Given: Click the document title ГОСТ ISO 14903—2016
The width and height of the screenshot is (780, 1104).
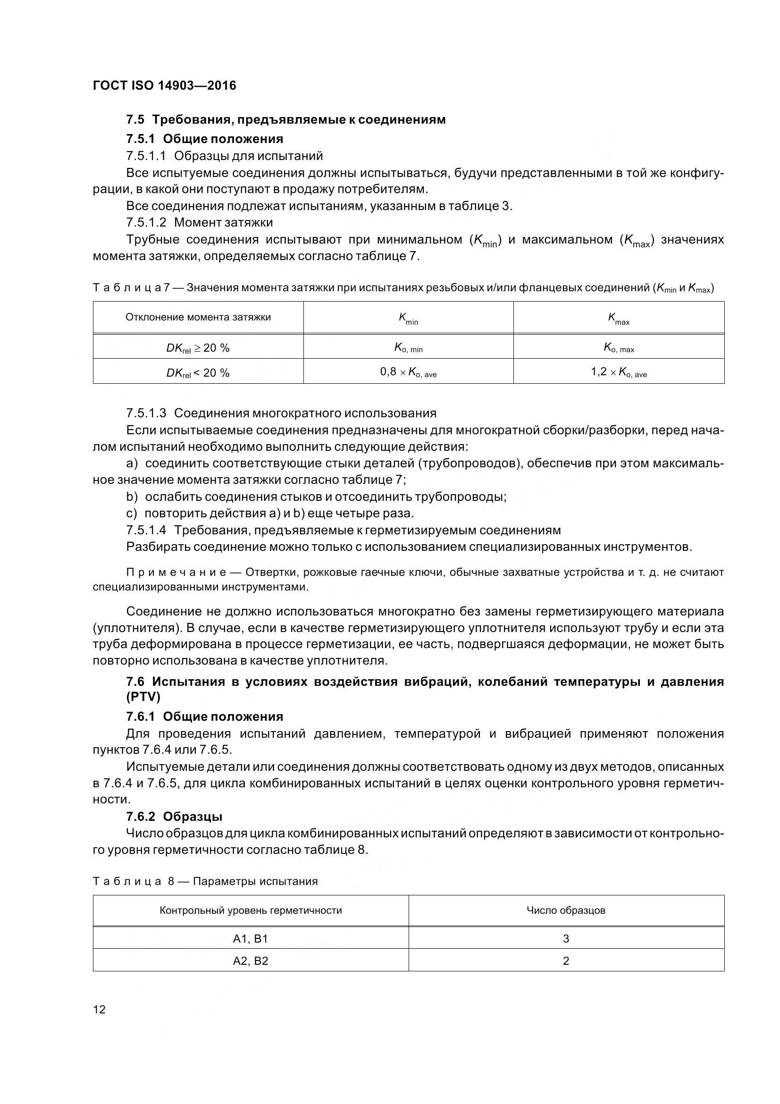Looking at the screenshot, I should [164, 85].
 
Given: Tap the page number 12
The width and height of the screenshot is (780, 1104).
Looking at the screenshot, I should [99, 1009].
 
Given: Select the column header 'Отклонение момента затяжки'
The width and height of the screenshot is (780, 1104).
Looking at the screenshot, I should [198, 317].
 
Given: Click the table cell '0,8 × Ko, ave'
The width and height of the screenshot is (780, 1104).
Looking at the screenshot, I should [408, 372].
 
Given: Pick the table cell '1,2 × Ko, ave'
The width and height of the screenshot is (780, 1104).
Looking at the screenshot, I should [619, 372].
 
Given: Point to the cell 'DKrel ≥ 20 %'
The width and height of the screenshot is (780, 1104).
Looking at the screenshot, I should [198, 348].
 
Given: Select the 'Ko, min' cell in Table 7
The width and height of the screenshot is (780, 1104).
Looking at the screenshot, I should [408, 348].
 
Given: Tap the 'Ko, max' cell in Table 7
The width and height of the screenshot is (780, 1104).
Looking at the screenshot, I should [619, 348].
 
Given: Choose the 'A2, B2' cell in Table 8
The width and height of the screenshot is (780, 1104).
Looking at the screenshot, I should [251, 961].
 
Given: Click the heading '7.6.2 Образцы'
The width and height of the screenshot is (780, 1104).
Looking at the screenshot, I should [174, 817].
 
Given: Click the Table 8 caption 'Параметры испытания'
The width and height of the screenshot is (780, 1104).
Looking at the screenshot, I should [255, 881].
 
